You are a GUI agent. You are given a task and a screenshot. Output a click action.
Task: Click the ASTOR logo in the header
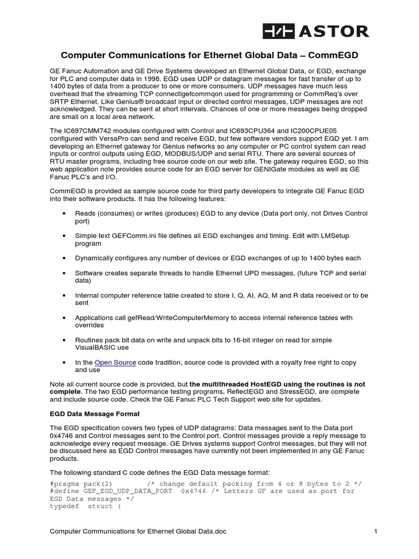point(316,31)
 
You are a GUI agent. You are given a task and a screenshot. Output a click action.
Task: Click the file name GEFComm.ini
point(131,236)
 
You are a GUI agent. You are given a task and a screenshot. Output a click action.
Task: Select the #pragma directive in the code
point(66,484)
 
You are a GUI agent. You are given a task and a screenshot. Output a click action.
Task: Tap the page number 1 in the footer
point(376,531)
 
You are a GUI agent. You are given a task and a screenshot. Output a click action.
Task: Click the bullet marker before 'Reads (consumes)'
point(65,213)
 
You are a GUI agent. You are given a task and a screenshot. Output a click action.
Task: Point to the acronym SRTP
point(61,102)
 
